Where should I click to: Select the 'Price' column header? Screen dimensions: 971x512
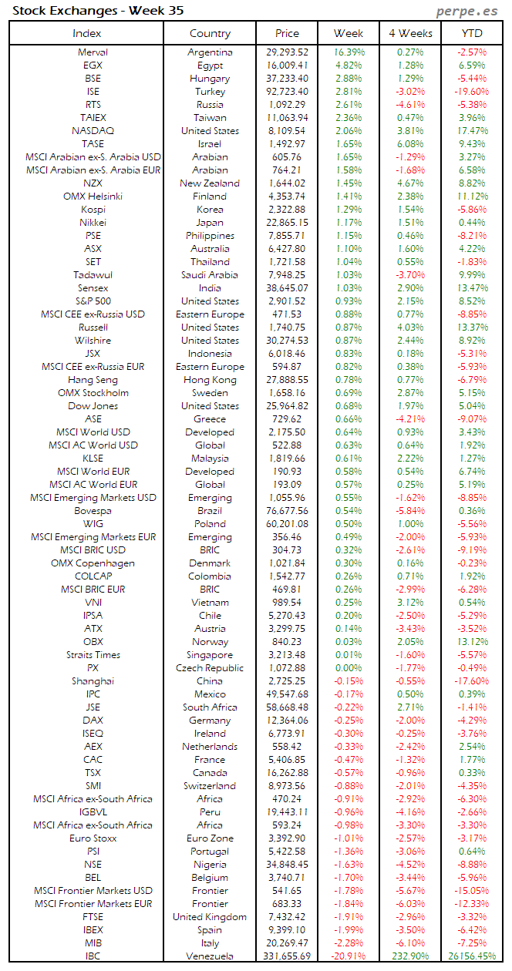[287, 33]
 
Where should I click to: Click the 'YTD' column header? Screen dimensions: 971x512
[472, 33]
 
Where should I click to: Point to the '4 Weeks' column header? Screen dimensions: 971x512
[410, 33]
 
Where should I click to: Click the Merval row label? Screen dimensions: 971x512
[93, 52]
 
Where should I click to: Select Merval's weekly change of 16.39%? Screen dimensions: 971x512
[349, 52]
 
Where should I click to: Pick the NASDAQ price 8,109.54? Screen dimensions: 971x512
[287, 131]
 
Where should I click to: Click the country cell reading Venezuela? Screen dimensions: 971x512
[210, 956]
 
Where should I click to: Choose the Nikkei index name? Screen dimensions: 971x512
[93, 223]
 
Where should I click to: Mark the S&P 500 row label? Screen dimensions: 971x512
[93, 301]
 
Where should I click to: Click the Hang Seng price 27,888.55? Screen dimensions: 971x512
[287, 380]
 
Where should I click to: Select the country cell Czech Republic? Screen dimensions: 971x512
[210, 668]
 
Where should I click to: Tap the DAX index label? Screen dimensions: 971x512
[93, 721]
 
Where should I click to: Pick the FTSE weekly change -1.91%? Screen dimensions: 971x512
[349, 917]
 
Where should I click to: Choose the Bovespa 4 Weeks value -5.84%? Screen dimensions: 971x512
[410, 511]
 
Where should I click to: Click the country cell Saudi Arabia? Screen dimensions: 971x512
[210, 275]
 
